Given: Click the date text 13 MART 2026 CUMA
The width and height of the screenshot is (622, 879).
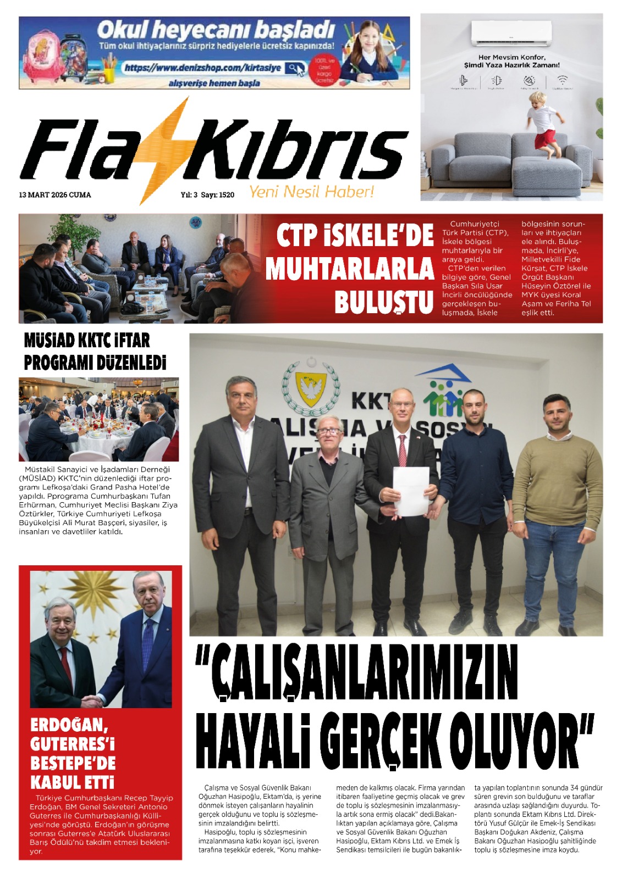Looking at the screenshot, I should click(x=55, y=195).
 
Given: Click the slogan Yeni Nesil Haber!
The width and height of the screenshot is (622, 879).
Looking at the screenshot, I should click(x=311, y=192).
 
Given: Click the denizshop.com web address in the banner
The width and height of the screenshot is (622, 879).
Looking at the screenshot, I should click(x=203, y=68).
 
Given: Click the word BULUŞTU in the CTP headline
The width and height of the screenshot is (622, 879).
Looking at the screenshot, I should click(x=384, y=302).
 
